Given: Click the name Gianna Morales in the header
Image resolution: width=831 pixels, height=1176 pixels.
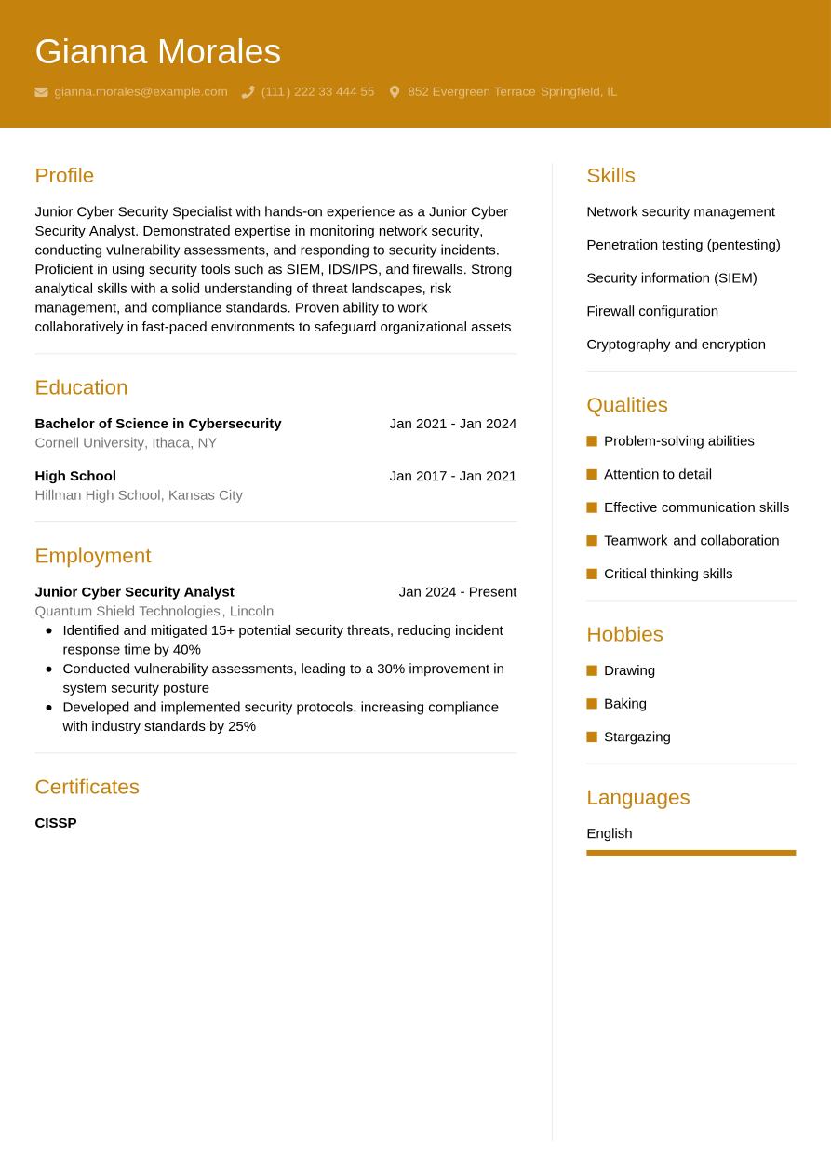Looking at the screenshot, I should coord(157,51).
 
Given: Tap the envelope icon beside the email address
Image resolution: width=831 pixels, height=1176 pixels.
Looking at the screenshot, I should coord(41,92).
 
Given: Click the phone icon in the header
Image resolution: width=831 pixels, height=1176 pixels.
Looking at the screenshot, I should coord(248,92).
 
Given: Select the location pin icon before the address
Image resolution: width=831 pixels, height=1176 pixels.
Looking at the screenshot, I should coord(395,92).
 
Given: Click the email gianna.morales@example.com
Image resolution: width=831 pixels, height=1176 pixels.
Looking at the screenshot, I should coord(141,91).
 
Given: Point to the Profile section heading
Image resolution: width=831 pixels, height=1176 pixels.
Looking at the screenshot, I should coord(64,175).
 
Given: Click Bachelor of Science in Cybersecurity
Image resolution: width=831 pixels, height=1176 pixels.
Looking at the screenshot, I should coord(157,423).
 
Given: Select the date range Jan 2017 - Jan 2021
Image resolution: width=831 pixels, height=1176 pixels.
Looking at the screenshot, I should coord(452,475).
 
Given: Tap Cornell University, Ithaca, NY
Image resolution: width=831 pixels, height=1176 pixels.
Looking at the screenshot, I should coord(126,442).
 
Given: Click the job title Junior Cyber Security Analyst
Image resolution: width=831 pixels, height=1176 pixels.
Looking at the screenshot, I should coord(134,591).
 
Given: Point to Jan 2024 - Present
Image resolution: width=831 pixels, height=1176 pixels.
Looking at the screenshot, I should coord(457,591).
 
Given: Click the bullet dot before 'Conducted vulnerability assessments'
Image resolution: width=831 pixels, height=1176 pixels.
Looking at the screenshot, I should coord(48,669).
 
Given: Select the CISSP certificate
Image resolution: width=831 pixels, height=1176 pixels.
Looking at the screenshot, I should coord(56,822).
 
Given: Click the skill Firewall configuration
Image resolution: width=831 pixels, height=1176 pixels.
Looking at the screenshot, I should coord(651,311).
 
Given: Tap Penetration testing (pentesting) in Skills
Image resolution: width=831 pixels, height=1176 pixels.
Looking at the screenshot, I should coord(683,244).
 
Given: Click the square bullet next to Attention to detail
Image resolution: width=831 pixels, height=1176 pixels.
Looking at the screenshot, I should coord(592,474).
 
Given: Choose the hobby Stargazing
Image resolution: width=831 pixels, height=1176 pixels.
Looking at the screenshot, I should coord(637,737).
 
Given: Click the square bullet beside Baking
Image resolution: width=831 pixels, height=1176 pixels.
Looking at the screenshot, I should coord(592,704).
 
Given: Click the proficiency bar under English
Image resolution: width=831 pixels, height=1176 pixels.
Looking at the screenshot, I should coord(690,852).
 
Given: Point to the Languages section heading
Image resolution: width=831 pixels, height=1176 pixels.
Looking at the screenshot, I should coord(637,797).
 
